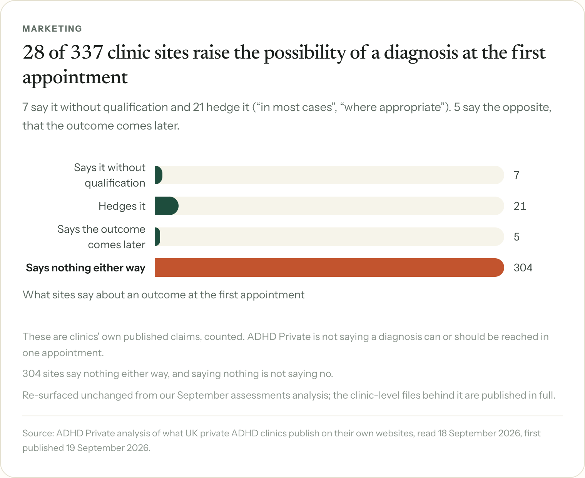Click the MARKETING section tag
coord(52,29)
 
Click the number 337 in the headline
coord(87,52)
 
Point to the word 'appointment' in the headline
coord(75,77)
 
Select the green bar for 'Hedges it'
coord(166,206)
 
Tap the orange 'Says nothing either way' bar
coord(329,268)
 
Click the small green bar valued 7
coord(159,175)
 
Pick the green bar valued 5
coord(157,237)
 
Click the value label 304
coord(523,268)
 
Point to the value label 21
coord(520,206)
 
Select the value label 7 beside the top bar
coord(516,175)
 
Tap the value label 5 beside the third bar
coord(516,237)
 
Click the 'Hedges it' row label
coord(122,206)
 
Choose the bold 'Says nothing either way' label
coord(85,268)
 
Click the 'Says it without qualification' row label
coord(110,175)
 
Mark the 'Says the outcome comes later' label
coord(101,237)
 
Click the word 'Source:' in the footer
coord(38,433)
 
